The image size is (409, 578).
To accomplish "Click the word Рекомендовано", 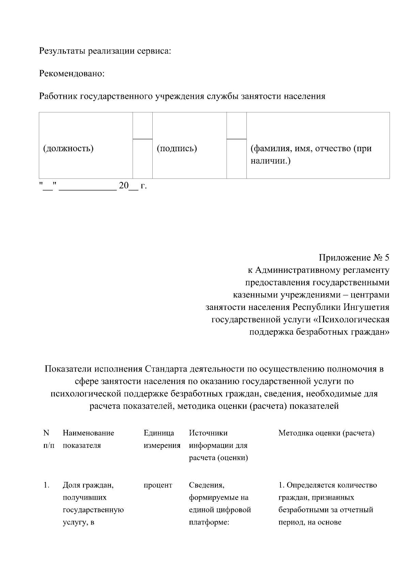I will tap(72, 74).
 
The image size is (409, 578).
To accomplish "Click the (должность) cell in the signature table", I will tap(68, 149).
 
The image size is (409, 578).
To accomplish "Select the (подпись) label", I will tap(177, 149).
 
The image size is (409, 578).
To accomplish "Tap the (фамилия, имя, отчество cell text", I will tap(311, 149).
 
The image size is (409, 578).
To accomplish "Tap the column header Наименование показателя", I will tap(88, 439).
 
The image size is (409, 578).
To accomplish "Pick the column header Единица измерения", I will tap(162, 439).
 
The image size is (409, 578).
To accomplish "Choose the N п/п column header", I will tap(48, 439).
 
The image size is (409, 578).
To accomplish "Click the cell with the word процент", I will tap(158, 485).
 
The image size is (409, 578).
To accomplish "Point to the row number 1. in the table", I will tap(47, 485).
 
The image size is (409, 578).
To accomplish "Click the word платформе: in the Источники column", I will tap(208, 522).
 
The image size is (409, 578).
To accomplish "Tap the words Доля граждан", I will tap(88, 485).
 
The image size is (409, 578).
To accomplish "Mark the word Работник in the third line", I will tap(58, 96).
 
